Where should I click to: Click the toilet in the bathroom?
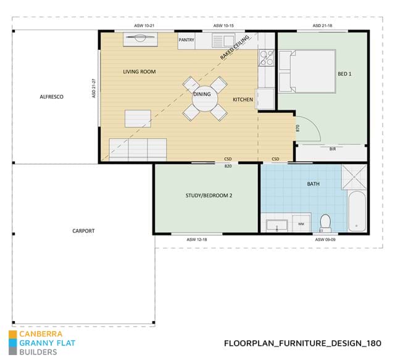[325, 223]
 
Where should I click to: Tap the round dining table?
[204, 99]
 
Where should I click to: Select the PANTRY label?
[186, 39]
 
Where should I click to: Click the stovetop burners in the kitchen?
[267, 57]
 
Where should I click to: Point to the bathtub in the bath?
[357, 211]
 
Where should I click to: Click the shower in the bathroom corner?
[354, 177]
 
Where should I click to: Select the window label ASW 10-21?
[144, 26]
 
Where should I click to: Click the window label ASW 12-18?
[197, 240]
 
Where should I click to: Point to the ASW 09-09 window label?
[325, 240]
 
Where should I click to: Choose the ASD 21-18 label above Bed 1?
[322, 26]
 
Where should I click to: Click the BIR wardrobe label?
[333, 149]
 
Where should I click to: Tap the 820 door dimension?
[228, 166]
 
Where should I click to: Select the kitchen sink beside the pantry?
[223, 41]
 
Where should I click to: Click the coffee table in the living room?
[138, 118]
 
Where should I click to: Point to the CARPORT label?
[83, 231]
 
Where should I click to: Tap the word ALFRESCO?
[52, 97]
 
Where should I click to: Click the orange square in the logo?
[12, 334]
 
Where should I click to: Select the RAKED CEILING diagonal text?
[235, 47]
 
